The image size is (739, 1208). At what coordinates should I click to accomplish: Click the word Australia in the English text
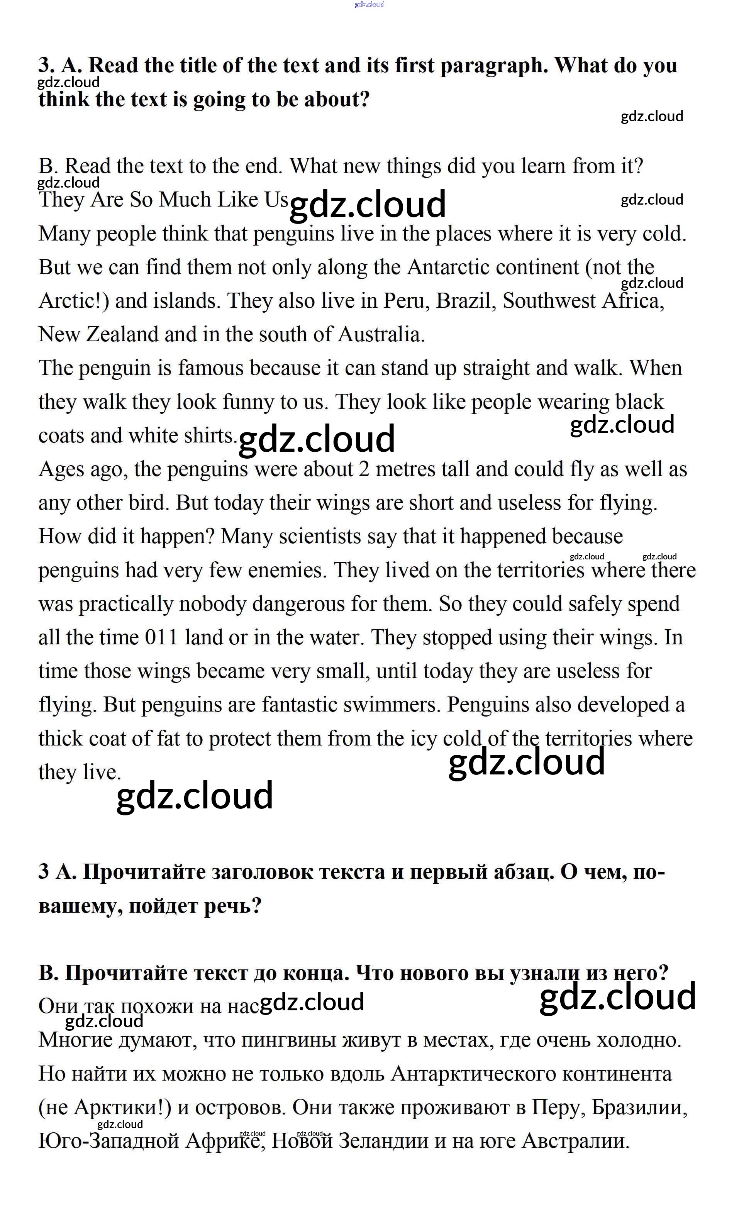381,334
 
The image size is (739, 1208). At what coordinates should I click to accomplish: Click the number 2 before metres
363,469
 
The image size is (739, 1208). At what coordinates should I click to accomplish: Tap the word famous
210,368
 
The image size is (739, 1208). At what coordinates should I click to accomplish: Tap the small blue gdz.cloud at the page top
369,4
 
